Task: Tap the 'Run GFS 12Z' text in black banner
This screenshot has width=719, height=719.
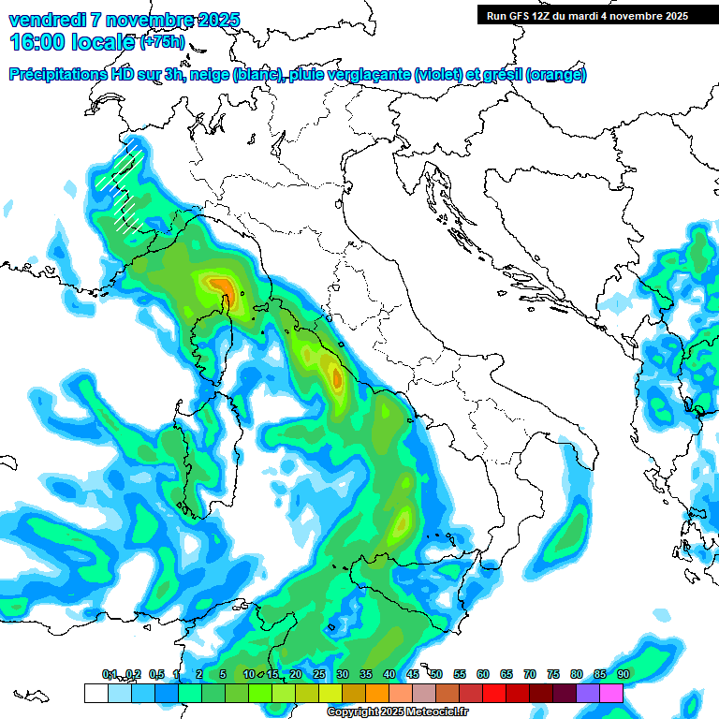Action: coord(520,15)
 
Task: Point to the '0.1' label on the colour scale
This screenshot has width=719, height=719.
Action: coord(110,674)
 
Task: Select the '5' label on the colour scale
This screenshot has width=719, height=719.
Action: coord(222,674)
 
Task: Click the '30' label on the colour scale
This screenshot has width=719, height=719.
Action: coord(343,674)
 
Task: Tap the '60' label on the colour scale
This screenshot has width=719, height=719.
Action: coord(483,674)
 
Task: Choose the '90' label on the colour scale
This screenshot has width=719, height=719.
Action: coord(623,674)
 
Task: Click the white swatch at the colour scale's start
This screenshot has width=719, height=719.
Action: coord(95,693)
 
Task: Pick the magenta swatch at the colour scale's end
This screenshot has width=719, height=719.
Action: coord(611,693)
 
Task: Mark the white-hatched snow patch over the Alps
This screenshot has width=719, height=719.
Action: coord(125,187)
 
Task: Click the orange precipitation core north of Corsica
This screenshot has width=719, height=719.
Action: coord(220,284)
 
